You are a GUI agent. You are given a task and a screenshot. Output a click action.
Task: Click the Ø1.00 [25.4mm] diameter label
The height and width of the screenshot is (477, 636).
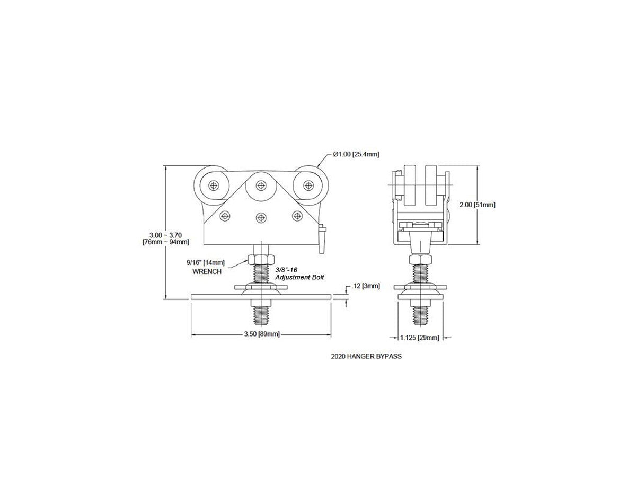click(356, 154)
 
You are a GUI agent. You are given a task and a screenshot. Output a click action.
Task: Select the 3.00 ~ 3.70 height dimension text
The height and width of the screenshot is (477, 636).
click(166, 235)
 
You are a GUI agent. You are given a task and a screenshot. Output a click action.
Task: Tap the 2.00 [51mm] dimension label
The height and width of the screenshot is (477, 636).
click(478, 205)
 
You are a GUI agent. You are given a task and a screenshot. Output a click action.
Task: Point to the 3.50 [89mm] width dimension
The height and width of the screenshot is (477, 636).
click(262, 334)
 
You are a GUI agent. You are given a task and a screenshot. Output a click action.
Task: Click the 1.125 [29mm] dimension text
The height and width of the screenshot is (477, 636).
click(420, 338)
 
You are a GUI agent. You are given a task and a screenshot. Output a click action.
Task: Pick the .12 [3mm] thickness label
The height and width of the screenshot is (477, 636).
click(365, 286)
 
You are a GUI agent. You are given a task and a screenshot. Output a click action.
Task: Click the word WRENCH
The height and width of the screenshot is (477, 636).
click(207, 272)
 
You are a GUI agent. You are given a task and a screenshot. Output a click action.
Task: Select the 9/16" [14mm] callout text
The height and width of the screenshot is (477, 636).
click(206, 263)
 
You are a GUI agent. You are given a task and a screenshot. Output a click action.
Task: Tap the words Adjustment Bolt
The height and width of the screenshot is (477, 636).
click(299, 277)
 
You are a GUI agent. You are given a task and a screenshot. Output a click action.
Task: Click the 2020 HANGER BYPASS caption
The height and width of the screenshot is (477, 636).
click(366, 356)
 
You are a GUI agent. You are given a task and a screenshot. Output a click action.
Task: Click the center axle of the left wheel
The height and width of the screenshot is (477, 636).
click(214, 185)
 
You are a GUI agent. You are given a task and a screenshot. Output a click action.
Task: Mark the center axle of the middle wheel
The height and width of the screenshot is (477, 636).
click(261, 185)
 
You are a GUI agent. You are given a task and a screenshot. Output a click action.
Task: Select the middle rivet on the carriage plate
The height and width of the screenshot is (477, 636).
click(261, 217)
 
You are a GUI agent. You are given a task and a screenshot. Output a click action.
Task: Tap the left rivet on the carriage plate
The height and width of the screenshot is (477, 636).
click(225, 216)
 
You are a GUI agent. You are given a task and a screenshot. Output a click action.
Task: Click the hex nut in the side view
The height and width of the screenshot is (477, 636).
click(420, 259)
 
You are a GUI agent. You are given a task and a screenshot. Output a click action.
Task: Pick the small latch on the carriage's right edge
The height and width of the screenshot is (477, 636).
click(322, 239)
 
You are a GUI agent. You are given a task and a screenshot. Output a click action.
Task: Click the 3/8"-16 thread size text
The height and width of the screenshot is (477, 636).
click(286, 270)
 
